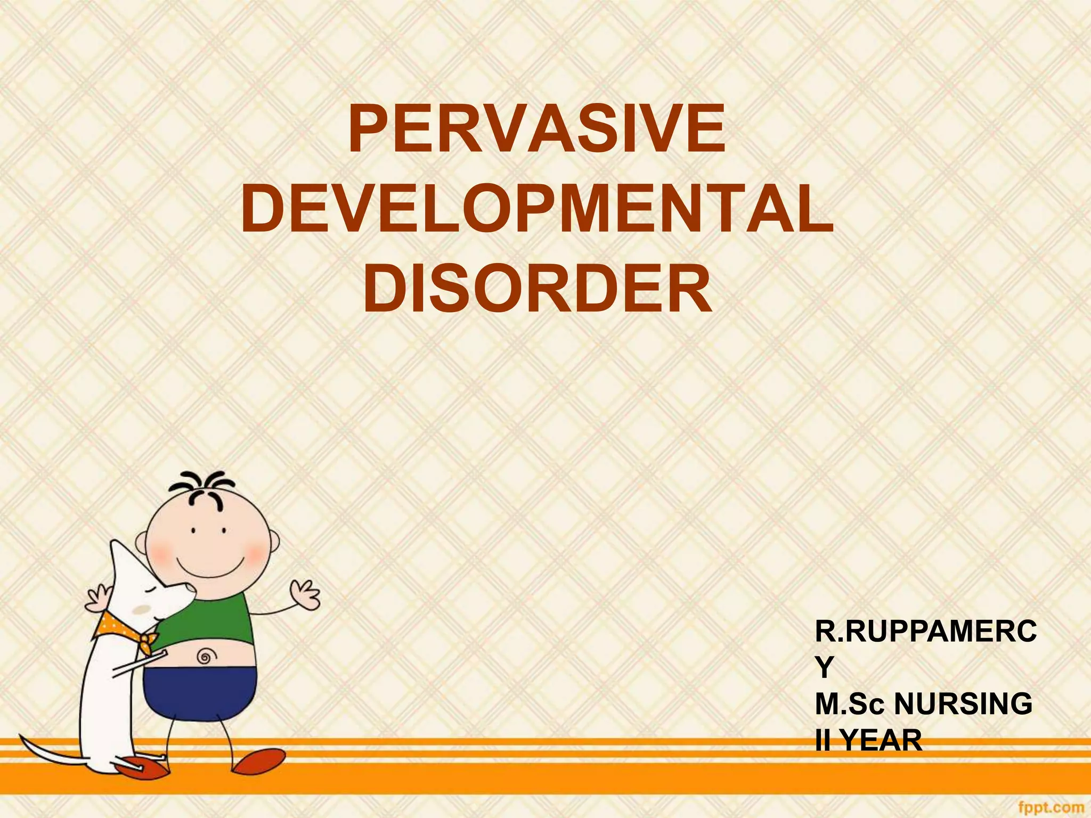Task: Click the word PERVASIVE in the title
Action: [x=536, y=130]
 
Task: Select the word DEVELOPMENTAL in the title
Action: [x=536, y=209]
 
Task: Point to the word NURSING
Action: [x=963, y=704]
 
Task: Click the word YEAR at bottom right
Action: [x=883, y=740]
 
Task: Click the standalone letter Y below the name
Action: [x=824, y=668]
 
